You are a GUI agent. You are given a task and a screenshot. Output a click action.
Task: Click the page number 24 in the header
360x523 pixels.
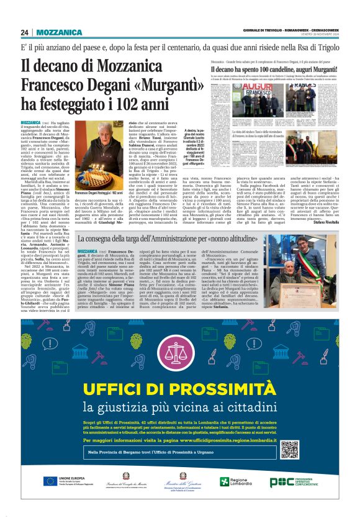24,32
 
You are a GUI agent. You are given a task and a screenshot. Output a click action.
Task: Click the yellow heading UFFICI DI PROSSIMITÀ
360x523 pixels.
179,390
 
